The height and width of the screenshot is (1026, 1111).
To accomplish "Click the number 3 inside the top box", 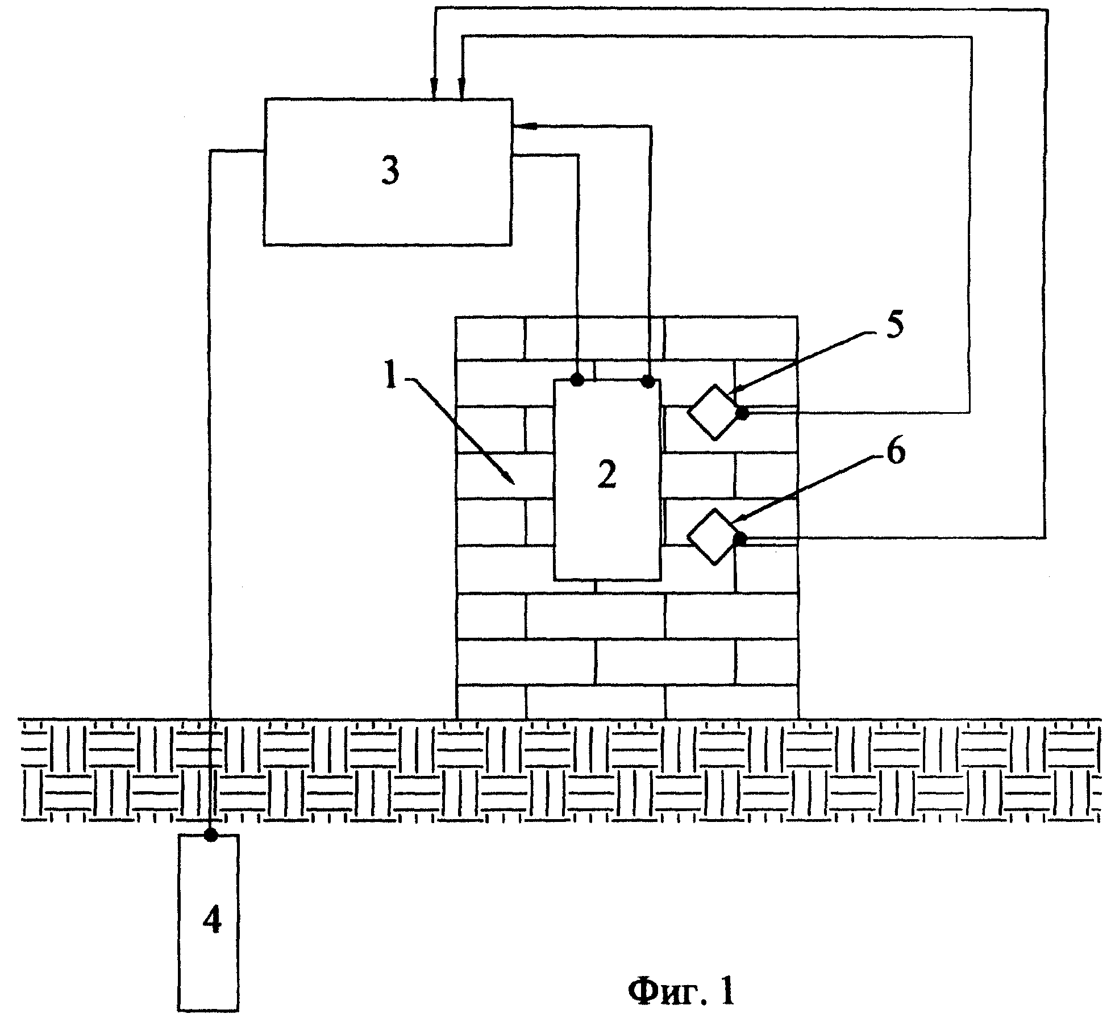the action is [390, 171].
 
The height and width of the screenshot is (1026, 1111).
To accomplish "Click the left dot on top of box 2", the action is [577, 379].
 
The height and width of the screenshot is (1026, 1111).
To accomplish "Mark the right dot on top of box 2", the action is [648, 381].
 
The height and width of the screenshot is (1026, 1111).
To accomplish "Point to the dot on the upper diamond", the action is [742, 413].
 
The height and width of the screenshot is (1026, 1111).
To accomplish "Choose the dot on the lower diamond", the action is [739, 539].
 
